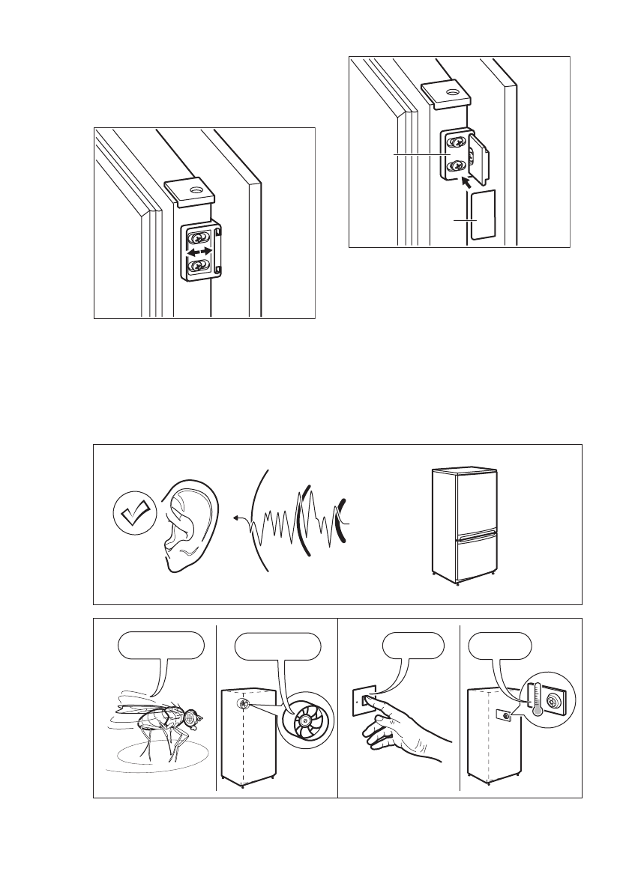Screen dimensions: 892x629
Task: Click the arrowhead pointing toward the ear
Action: pyautogui.click(x=236, y=517)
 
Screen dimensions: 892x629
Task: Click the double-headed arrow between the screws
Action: pyautogui.click(x=199, y=254)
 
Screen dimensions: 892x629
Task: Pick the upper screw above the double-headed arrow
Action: pyautogui.click(x=199, y=238)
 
